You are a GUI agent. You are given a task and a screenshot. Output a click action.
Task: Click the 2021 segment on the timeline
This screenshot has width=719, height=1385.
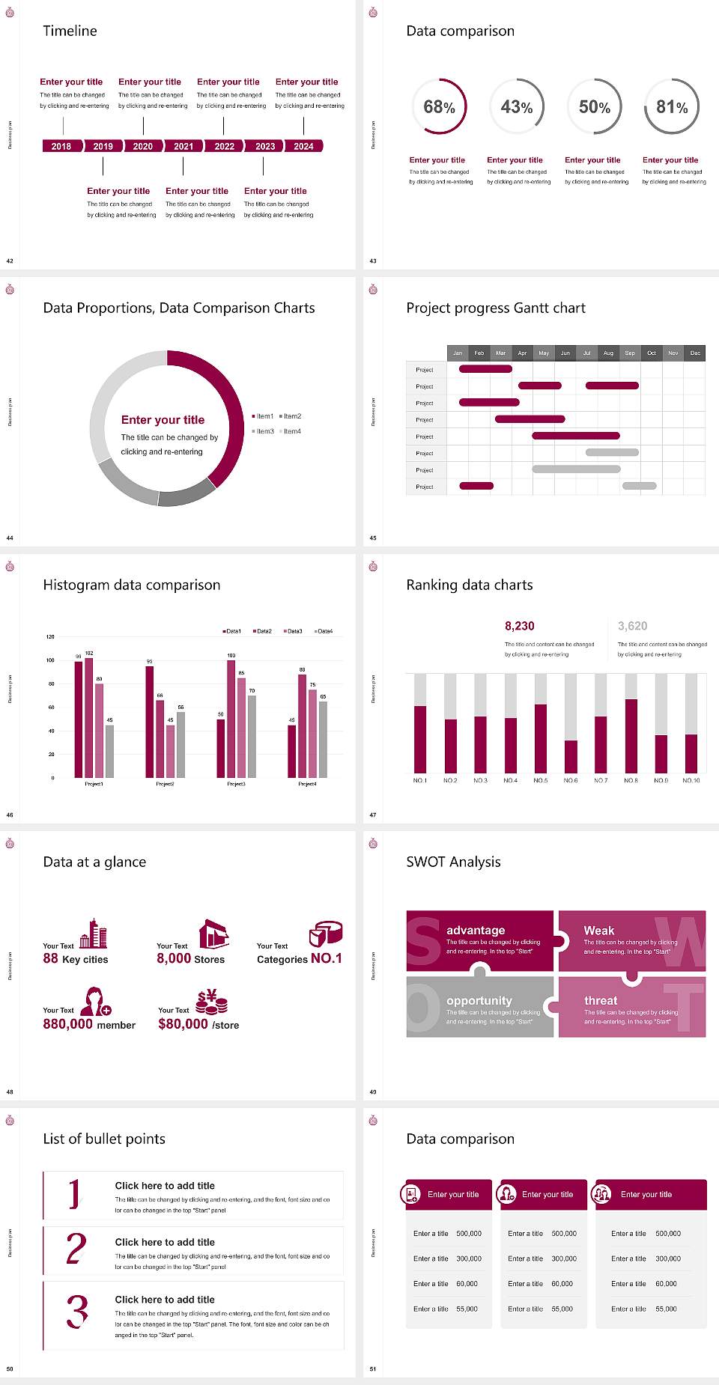pos(183,146)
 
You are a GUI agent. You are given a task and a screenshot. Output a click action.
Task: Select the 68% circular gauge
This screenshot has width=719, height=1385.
pos(439,107)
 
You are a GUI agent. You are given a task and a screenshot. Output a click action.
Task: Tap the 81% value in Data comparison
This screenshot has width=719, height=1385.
pos(672,107)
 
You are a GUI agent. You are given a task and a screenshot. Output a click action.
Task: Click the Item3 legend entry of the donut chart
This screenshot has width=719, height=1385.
pos(263,431)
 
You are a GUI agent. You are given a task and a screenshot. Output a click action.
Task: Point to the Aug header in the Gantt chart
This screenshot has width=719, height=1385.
pos(608,353)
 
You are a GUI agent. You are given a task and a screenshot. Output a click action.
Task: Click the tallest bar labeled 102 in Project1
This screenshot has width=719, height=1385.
pos(89,715)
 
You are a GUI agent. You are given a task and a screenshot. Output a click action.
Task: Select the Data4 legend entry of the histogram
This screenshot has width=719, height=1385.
pos(324,631)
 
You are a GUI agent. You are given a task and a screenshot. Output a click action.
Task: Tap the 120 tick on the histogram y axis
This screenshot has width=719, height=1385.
pos(50,636)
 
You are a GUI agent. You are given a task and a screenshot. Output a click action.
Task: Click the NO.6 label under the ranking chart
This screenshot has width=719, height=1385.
pos(571,780)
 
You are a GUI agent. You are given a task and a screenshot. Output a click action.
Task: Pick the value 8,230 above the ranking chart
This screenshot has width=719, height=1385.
pos(519,626)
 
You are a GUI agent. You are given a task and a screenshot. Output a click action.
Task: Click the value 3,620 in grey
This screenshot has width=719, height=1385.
pos(632,626)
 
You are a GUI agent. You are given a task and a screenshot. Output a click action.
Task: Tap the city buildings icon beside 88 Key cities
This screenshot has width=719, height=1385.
pos(94,934)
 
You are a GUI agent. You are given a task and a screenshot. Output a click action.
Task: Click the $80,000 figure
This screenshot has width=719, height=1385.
pos(183,1024)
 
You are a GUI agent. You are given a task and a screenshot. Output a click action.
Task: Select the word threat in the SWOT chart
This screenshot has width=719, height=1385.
pos(601,1000)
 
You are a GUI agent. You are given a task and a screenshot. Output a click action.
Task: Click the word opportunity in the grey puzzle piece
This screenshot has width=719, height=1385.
pos(479,1000)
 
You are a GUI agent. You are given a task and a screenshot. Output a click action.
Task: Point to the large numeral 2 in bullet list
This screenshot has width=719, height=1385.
pos(76,1249)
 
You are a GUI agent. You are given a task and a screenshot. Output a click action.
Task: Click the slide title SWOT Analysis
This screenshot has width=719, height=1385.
pos(453,862)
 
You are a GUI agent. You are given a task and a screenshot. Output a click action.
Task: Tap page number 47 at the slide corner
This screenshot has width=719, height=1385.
pos(373,815)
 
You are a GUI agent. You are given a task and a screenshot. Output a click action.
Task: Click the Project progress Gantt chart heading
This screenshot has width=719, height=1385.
pos(495,308)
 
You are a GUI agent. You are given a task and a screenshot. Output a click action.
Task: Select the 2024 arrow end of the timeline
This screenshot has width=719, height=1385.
pos(304,146)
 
